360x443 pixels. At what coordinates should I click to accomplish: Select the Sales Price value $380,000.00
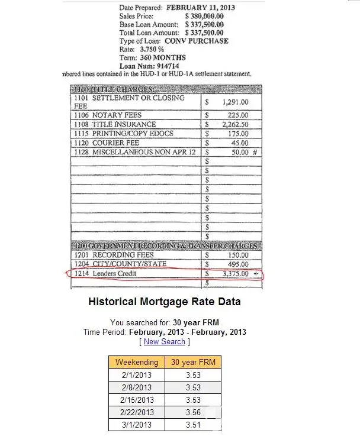[x=204, y=16]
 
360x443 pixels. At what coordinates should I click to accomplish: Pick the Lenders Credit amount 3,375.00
[x=235, y=274]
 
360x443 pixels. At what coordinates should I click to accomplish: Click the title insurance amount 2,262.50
[x=235, y=125]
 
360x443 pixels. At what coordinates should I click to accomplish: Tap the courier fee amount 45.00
[x=239, y=143]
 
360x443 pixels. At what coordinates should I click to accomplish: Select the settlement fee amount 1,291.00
[x=235, y=102]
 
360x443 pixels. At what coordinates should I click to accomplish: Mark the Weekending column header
[x=136, y=362]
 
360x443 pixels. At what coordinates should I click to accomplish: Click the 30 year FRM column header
[x=192, y=362]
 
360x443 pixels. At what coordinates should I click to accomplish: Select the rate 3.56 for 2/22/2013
[x=192, y=412]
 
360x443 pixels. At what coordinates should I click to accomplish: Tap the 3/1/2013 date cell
[x=136, y=425]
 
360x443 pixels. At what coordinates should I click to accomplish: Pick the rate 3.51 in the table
[x=192, y=425]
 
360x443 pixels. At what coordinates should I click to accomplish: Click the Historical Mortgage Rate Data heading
[x=165, y=302]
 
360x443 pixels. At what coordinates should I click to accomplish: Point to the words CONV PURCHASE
[x=196, y=41]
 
